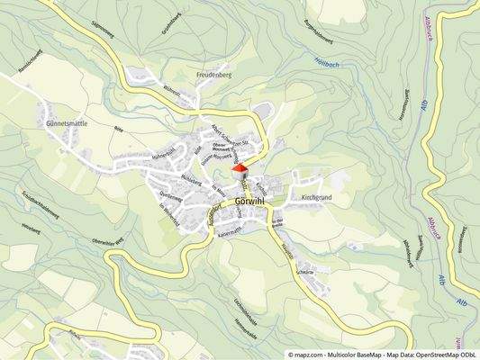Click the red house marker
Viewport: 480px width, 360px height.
tap(240, 168)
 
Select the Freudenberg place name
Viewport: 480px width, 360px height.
tap(214, 76)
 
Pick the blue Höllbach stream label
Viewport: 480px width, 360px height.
tap(352, 64)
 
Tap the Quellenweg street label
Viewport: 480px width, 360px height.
tap(170, 194)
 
